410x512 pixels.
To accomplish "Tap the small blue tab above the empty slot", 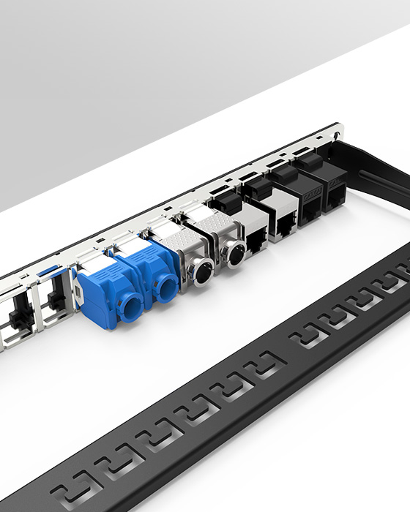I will click(45, 271).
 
